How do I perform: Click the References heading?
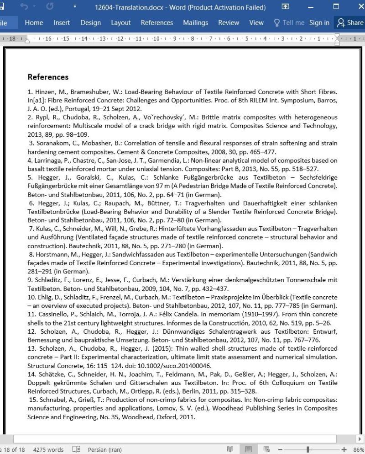click(x=48, y=77)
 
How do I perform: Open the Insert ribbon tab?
click(x=62, y=22)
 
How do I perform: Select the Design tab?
click(x=90, y=22)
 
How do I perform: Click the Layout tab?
click(x=120, y=22)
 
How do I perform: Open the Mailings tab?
click(x=195, y=22)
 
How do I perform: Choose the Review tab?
click(x=229, y=22)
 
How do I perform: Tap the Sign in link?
click(x=319, y=22)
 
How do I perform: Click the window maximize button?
click(x=336, y=7)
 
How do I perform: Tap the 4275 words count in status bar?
click(x=48, y=449)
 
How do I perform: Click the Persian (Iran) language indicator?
click(x=104, y=449)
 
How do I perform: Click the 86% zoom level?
click(x=359, y=449)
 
